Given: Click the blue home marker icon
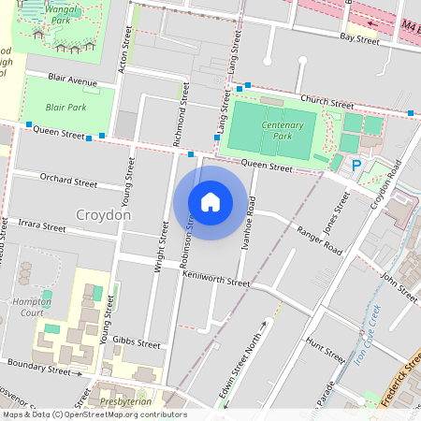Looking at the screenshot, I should pos(210,201).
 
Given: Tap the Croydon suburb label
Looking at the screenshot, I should pos(104,215).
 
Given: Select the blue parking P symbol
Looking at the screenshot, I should pos(356,165).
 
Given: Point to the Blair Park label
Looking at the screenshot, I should pos(65,108).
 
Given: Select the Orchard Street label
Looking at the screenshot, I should pos(68,181).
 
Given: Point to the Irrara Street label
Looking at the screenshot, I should pos(41,226).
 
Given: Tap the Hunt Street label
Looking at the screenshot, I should pos(326,352).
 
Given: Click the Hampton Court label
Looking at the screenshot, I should pos(31,307).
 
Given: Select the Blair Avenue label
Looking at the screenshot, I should pos(74,81).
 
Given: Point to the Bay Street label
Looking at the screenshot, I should pos(359,38).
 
